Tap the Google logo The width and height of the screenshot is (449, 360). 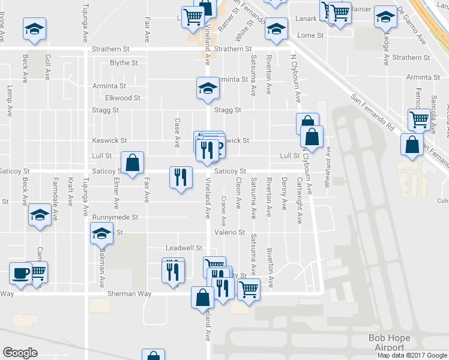20,353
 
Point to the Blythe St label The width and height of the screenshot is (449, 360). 124,63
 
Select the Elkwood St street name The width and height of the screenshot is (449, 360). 122,98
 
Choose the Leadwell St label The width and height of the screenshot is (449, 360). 185,247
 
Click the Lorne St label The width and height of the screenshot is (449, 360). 310,35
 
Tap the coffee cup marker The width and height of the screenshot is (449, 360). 20,273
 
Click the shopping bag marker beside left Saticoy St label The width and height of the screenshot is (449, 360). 132,161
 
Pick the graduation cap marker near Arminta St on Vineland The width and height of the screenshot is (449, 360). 208,88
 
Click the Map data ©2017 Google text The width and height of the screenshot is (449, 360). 412,355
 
